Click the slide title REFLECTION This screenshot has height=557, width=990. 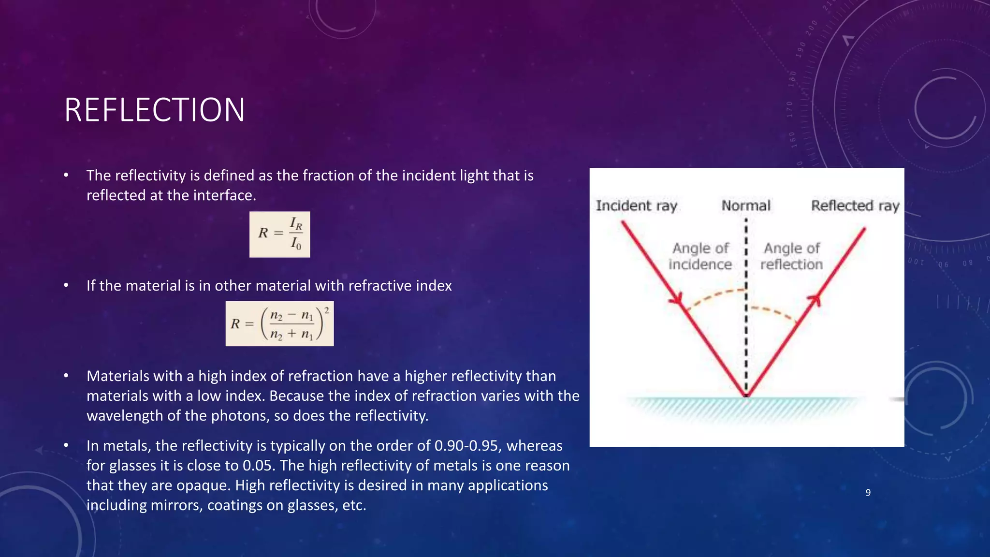click(x=154, y=110)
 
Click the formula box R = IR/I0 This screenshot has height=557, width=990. click(x=279, y=235)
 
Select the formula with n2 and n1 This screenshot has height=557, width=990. click(x=279, y=323)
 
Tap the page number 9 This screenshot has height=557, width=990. click(x=868, y=493)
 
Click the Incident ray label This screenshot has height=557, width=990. click(x=636, y=206)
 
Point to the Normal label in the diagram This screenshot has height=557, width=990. click(x=746, y=206)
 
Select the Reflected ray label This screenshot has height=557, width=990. click(x=855, y=206)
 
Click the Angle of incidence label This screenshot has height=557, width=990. click(x=700, y=256)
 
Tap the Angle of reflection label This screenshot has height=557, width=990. click(x=791, y=256)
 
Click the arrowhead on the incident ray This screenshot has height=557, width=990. click(x=677, y=299)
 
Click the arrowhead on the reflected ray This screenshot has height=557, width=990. click(x=815, y=300)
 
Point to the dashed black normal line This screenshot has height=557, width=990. click(x=746, y=338)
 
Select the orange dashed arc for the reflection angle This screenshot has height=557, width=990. click(x=773, y=312)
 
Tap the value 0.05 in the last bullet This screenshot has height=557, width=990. click(x=259, y=466)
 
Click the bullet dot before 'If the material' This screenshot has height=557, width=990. click(x=66, y=286)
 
